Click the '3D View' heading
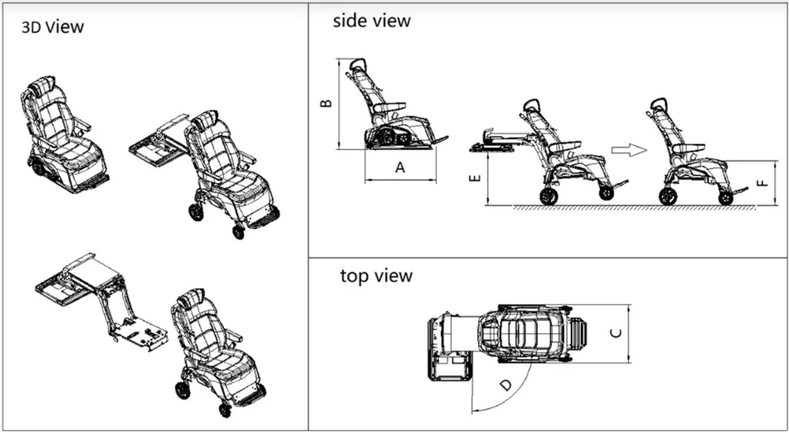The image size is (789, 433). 53,27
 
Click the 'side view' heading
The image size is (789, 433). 371,21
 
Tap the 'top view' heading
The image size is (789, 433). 376,276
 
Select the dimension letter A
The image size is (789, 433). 400,167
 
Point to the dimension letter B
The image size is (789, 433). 326,103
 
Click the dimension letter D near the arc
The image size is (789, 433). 507,385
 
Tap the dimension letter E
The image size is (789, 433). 475,178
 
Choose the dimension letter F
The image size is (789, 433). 762,183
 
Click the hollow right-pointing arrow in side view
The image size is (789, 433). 629,150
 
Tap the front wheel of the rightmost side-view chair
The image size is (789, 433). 726,198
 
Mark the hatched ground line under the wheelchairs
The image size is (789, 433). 632,207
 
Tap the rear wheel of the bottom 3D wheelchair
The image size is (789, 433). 183,390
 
